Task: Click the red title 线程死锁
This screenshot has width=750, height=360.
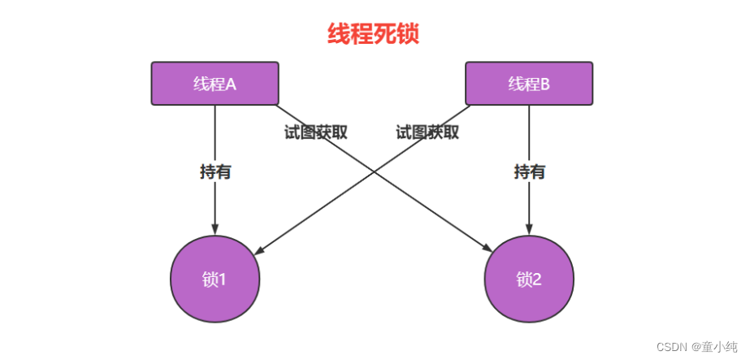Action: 373,34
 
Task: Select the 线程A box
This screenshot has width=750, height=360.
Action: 215,83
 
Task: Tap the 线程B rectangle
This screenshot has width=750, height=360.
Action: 529,83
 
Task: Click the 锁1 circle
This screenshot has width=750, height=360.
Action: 215,279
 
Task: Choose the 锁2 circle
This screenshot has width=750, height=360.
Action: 529,279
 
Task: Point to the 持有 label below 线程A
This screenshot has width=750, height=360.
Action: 215,171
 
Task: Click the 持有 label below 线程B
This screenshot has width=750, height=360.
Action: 530,171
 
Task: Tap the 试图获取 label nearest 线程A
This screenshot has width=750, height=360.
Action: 316,132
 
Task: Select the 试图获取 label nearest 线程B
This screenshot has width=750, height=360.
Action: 427,132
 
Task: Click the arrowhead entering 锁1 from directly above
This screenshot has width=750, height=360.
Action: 215,229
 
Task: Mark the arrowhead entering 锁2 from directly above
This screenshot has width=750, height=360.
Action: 529,229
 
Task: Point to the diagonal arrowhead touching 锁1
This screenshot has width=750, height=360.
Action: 258,250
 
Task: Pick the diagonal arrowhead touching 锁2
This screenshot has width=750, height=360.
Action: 488,248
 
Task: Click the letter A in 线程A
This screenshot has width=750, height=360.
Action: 231,85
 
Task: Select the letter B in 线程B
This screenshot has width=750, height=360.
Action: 544,85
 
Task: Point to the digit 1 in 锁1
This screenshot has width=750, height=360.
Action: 222,280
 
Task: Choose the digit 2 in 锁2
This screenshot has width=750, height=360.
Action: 536,280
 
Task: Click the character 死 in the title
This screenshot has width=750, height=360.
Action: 384,34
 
